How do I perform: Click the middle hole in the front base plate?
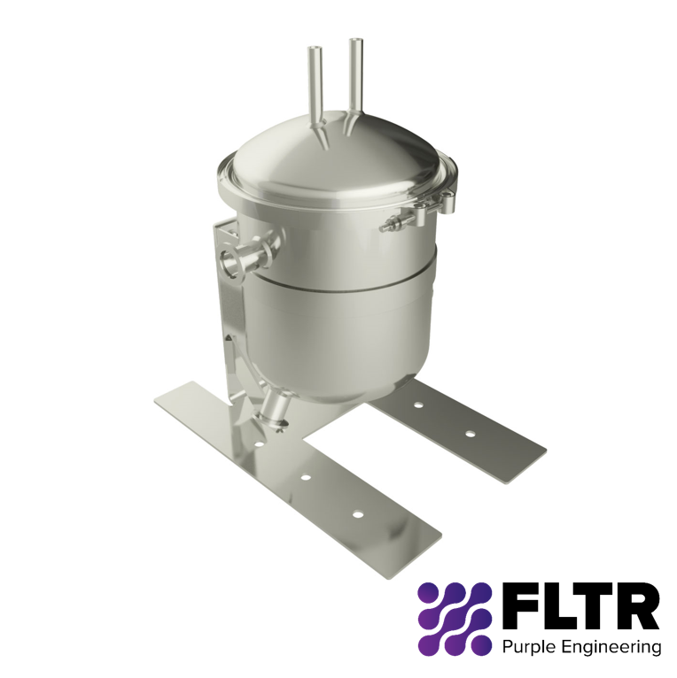point(305,477)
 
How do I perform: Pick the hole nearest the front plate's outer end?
point(358,514)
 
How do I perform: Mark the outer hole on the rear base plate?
point(471,434)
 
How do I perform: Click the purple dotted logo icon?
point(454,618)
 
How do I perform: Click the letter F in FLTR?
point(517,606)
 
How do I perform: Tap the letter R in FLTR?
point(637,606)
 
